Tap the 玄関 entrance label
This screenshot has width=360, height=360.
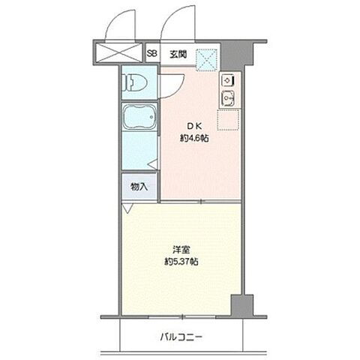click(x=177, y=53)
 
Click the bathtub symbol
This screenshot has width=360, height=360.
click(x=140, y=120)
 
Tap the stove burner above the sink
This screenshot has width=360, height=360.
click(x=228, y=79)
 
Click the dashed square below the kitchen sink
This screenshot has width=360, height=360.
click(x=228, y=121)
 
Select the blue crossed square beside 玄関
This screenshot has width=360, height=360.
click(x=207, y=58)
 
